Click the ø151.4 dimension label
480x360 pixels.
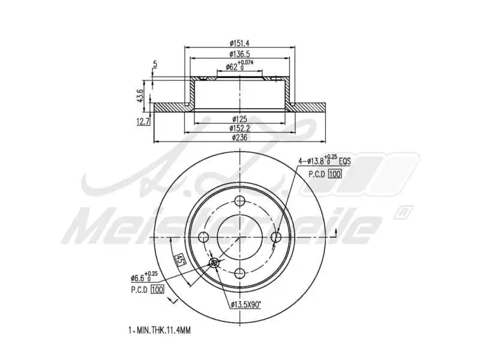240,43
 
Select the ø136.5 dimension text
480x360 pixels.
240,55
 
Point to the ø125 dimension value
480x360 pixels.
240,119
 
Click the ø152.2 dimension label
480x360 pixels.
240,128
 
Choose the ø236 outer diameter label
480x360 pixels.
240,137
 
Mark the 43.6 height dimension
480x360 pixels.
140,95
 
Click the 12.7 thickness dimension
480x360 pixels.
143,121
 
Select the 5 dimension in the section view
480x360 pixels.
155,64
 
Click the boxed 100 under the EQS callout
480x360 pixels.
335,174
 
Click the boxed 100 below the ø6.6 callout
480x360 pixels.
158,290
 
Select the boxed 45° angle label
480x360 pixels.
178,259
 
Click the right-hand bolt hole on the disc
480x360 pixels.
277,238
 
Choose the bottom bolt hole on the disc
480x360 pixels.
240,274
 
